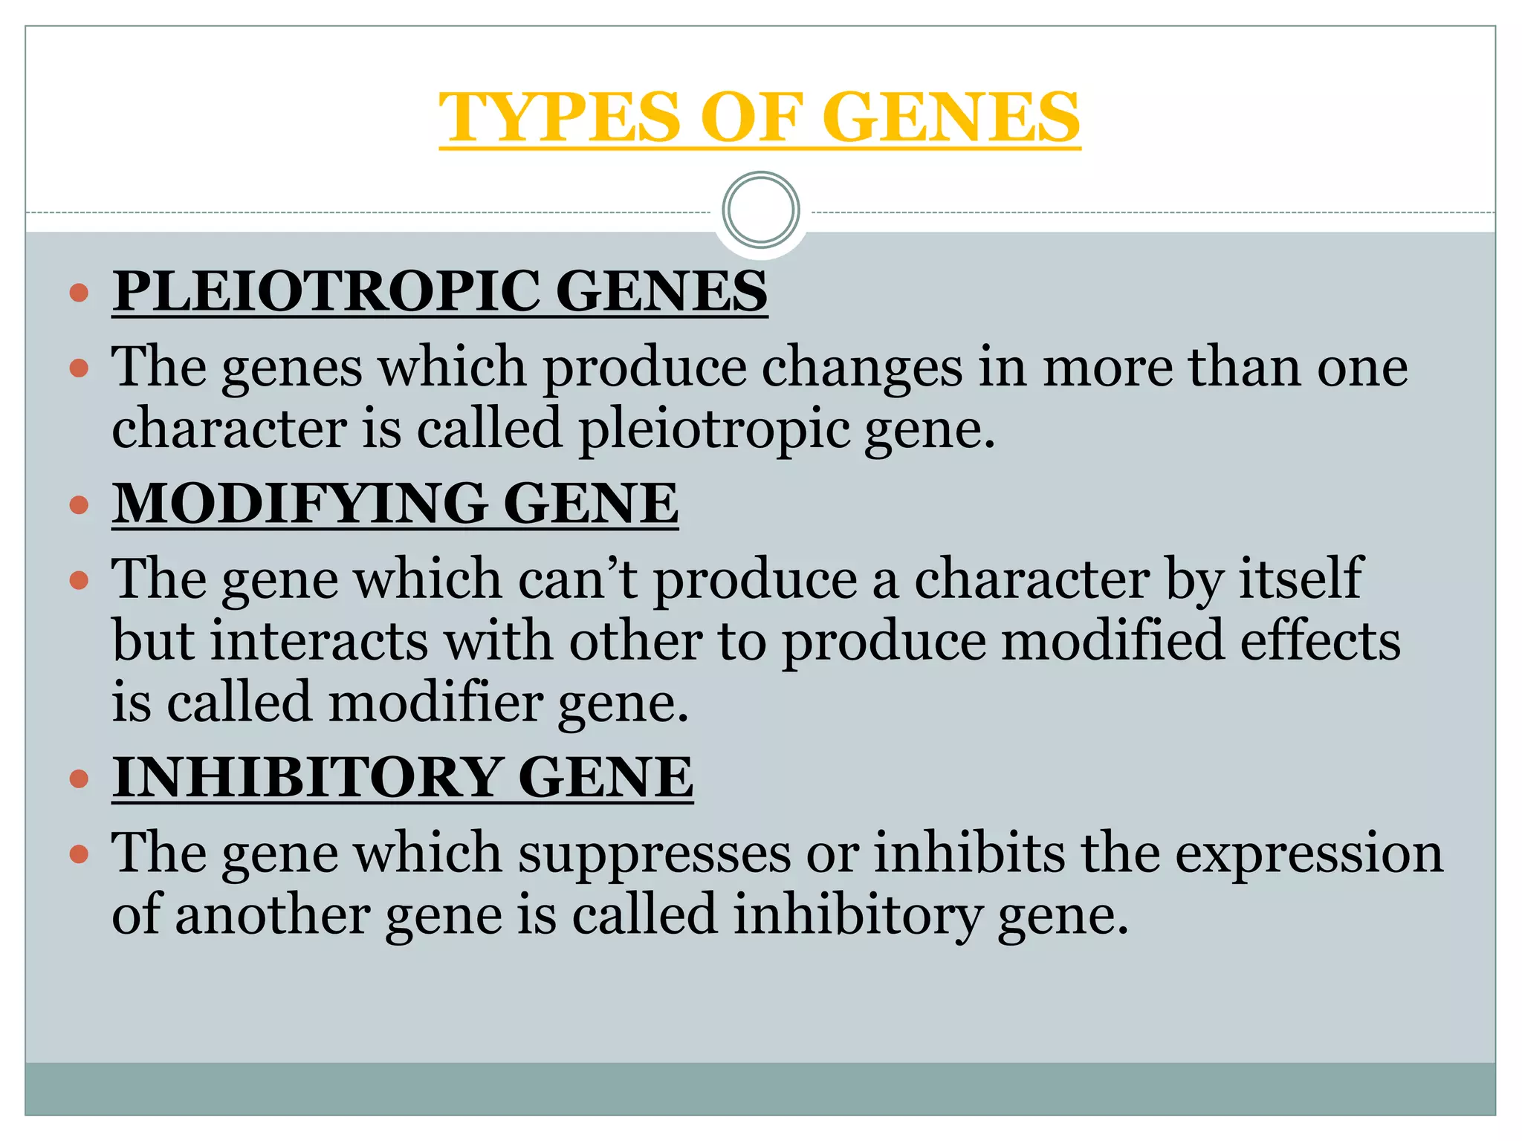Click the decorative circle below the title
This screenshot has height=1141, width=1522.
tap(760, 210)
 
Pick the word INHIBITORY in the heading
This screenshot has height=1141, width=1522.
tap(306, 778)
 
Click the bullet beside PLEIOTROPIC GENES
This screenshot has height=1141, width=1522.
tap(79, 292)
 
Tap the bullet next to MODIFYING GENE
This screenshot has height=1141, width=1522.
tap(79, 505)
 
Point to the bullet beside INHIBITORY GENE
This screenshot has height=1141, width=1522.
tap(79, 779)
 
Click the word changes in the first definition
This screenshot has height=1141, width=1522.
tap(861, 368)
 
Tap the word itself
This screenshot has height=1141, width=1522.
tap(1300, 579)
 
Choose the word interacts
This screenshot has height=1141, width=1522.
tap(319, 641)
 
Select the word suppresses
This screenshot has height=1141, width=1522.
tap(654, 854)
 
